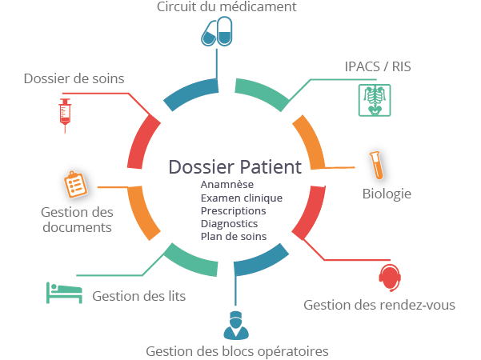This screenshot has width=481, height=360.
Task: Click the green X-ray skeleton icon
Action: tap(375, 99)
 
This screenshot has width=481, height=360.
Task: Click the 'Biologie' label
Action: tap(387, 194)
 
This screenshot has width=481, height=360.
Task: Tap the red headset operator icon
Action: tap(390, 278)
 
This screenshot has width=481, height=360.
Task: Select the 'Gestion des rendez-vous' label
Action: tap(379, 305)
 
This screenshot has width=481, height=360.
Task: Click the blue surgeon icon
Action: tap(235, 325)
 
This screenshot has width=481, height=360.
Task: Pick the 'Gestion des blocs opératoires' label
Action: tap(237, 351)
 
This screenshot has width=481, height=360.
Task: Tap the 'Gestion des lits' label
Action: tap(139, 296)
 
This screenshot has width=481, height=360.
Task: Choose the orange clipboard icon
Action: tap(75, 185)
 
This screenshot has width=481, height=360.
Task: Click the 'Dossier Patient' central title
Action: tap(234, 167)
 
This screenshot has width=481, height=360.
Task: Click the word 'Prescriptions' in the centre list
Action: tap(233, 210)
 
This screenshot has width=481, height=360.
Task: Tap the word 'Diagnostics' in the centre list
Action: tap(230, 223)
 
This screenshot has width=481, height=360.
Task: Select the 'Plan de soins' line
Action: tap(234, 236)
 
